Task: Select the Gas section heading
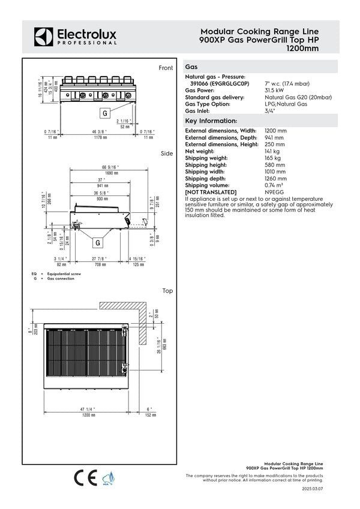[192, 68]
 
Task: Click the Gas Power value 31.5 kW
[275, 91]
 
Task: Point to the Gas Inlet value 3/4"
[270, 111]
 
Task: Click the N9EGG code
[274, 192]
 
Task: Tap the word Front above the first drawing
[166, 68]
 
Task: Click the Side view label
[167, 154]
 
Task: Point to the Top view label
[167, 291]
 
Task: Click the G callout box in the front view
[104, 113]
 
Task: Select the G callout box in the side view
[97, 243]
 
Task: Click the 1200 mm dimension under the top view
[89, 414]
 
